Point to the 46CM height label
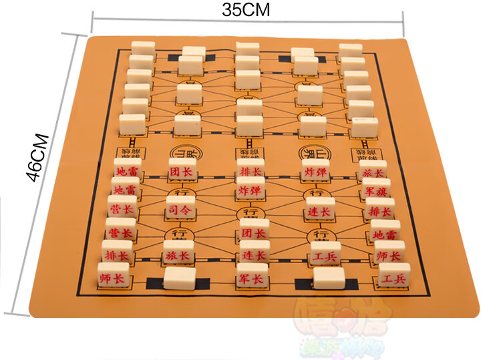(39, 159)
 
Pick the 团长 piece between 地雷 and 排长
(182, 172)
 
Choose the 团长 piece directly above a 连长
(254, 233)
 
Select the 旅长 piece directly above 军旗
(373, 173)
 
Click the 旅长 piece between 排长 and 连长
(178, 255)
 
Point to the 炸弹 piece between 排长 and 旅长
(316, 172)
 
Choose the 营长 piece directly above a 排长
(120, 232)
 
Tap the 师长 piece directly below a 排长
(112, 277)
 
